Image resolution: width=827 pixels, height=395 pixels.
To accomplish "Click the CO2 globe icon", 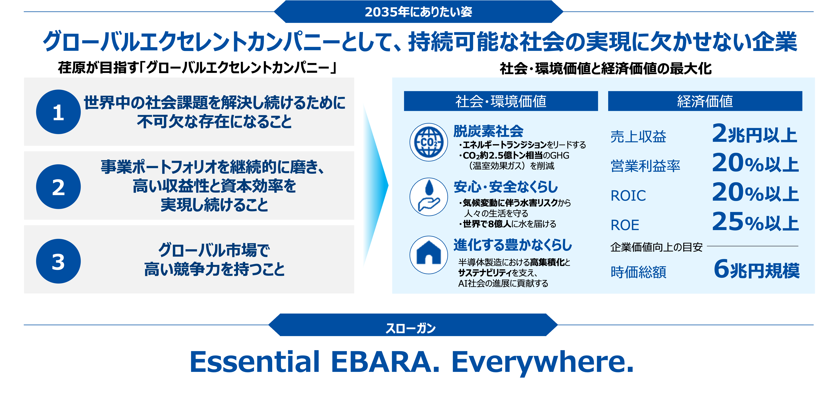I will click(429, 142).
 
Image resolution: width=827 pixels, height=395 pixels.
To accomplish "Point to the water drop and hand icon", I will click(429, 197).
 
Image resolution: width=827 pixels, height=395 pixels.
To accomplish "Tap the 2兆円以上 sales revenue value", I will click(754, 134).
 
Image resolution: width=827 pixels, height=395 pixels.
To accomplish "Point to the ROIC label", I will click(628, 195).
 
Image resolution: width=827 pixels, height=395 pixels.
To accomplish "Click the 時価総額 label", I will click(638, 272).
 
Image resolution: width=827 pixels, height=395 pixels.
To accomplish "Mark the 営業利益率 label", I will click(645, 166).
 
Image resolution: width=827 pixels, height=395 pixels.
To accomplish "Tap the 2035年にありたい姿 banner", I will click(418, 12).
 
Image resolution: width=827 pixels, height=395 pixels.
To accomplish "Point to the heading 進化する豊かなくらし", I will click(513, 245).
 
